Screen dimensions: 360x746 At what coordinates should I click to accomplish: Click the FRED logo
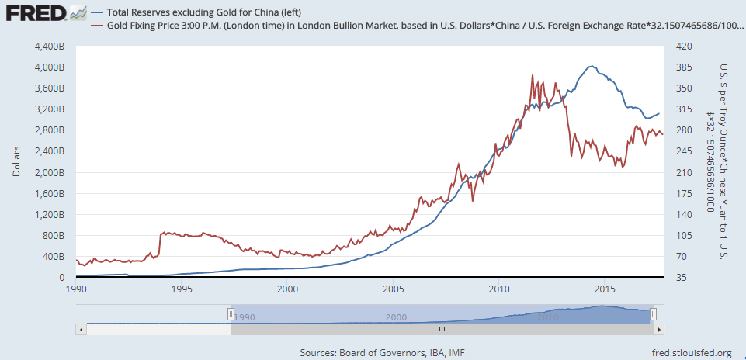click(34, 13)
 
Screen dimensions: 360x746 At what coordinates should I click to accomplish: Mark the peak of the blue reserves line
click(592, 67)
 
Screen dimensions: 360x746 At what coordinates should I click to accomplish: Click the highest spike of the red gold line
click(532, 75)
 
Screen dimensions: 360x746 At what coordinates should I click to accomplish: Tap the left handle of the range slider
click(231, 313)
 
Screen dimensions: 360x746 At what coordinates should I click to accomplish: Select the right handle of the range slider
click(654, 313)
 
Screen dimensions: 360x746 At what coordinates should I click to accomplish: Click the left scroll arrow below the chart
click(81, 329)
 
